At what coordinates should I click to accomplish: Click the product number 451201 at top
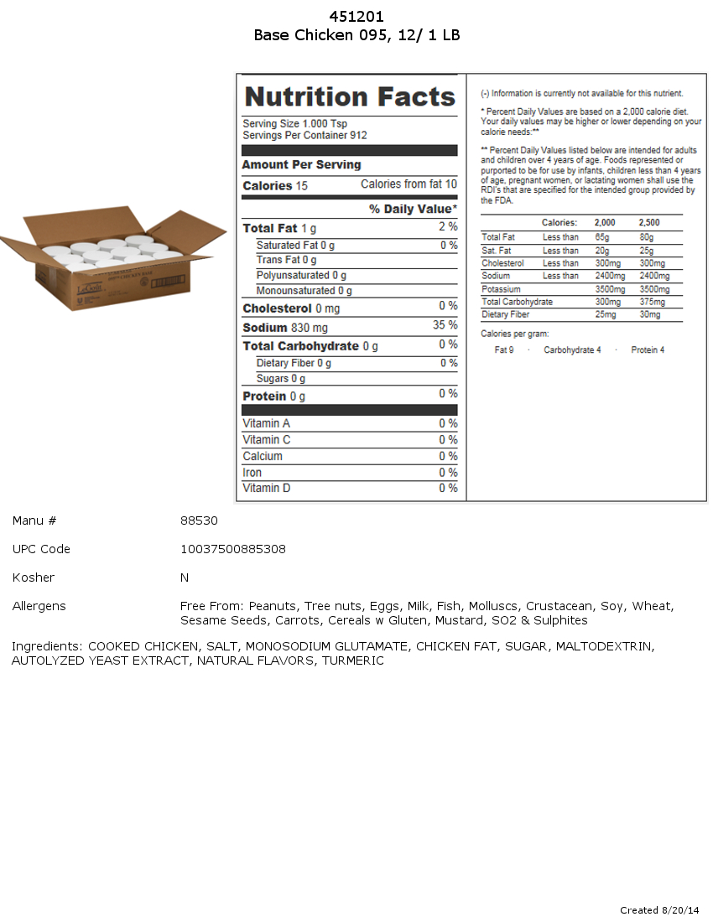[x=356, y=17]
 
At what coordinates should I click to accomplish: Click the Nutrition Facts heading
[x=350, y=97]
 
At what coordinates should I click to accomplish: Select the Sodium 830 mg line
[x=285, y=328]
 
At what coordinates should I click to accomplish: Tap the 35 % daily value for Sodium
[x=445, y=325]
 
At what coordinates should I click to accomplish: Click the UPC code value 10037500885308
[x=233, y=549]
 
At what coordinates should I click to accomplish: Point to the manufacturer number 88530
[x=199, y=521]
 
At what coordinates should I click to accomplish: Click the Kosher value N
[x=185, y=578]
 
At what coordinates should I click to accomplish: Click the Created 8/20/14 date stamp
[x=659, y=910]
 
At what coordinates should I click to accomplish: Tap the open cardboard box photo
[x=113, y=259]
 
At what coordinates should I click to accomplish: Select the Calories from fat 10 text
[x=409, y=184]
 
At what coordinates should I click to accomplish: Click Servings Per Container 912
[x=304, y=135]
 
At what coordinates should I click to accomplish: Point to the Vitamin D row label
[x=267, y=488]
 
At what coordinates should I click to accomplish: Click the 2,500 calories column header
[x=648, y=223]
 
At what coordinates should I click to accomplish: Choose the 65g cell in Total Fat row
[x=602, y=237]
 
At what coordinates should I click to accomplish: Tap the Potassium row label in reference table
[x=502, y=289]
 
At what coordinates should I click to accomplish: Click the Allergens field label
[x=39, y=606]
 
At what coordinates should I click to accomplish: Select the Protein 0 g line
[x=274, y=396]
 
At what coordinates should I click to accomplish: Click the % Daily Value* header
[x=413, y=209]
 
